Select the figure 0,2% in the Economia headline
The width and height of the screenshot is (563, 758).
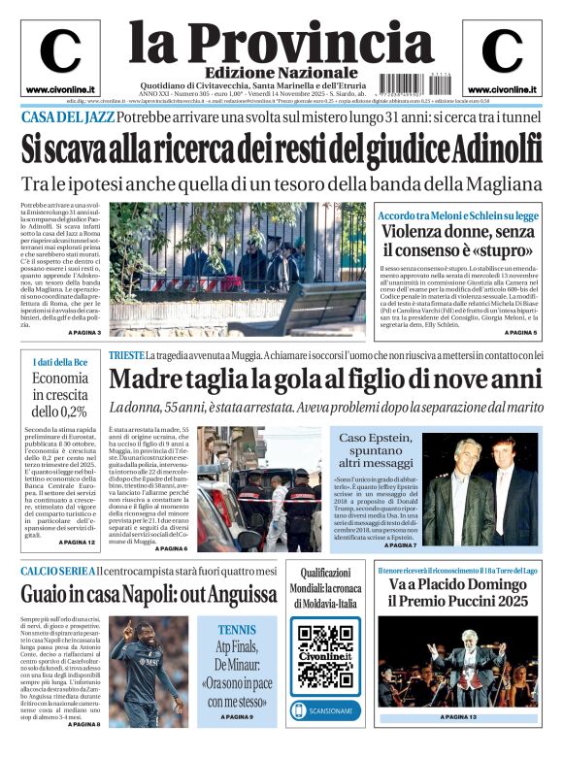click(73, 411)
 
